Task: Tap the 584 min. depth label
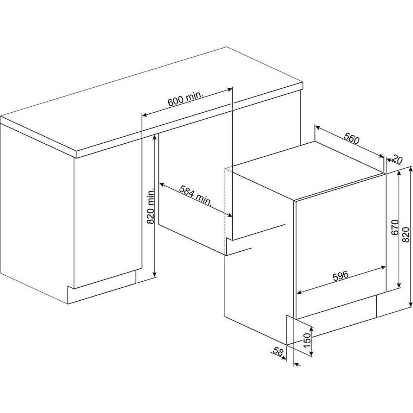[195, 195]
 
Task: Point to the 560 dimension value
[352, 137]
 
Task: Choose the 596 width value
[340, 275]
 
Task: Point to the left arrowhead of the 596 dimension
[300, 292]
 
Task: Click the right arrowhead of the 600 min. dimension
[230, 89]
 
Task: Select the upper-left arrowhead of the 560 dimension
[318, 127]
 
